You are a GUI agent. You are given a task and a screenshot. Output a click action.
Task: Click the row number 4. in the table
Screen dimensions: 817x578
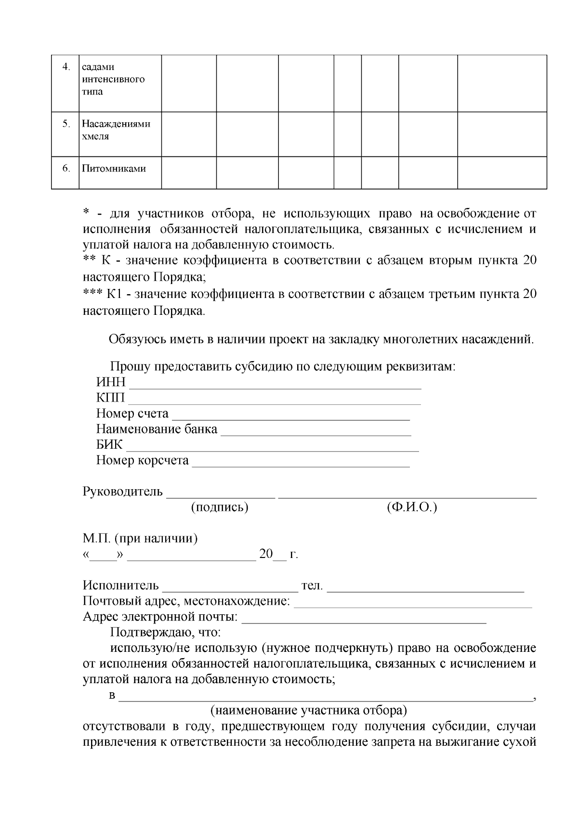tap(66, 66)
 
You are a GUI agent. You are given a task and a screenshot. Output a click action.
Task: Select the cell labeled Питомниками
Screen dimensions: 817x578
tap(114, 169)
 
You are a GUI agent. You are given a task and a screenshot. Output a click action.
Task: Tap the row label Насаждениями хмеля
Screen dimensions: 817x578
tap(116, 130)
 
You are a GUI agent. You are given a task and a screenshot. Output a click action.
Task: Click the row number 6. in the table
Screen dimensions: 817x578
tap(66, 169)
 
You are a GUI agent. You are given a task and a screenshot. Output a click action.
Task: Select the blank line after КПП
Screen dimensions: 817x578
tap(274, 401)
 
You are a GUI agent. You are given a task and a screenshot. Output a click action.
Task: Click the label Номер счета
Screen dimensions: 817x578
tap(132, 414)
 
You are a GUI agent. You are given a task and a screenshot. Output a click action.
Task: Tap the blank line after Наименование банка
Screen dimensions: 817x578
tap(315, 432)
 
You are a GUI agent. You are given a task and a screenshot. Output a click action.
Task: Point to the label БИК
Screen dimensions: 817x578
tap(109, 444)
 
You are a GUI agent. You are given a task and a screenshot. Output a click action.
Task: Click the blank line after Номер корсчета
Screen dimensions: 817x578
tap(301, 464)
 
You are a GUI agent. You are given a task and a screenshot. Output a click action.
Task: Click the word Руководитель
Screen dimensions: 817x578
tap(123, 492)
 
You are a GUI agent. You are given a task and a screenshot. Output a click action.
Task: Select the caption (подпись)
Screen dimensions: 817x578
tap(220, 507)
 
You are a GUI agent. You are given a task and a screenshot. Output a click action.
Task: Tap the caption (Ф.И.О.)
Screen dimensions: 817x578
tap(411, 507)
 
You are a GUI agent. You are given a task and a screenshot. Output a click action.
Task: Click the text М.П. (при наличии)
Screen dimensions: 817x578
tap(140, 538)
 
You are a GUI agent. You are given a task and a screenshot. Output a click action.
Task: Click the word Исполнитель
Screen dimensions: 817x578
tap(120, 585)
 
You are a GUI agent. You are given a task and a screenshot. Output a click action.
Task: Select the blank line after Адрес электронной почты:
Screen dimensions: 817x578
tap(364, 620)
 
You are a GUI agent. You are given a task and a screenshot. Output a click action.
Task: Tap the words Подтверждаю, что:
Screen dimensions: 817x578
tap(165, 632)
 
